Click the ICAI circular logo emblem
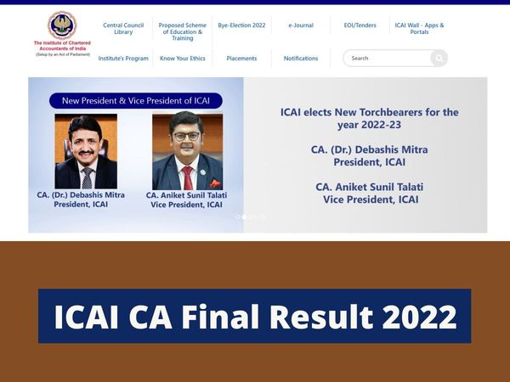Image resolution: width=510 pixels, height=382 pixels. [61, 25]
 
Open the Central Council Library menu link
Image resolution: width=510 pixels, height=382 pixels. [123, 29]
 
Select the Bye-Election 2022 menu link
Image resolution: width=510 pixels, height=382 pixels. [241, 25]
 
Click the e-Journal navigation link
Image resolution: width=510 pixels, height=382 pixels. [301, 25]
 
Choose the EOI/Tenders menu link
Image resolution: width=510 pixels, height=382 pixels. [360, 25]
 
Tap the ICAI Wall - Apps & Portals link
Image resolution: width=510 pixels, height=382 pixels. [419, 29]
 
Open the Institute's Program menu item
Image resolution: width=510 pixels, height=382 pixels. [123, 59]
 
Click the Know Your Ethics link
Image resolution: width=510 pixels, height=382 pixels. [182, 59]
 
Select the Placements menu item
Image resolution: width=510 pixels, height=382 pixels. [241, 59]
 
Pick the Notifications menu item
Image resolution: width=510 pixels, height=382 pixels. [301, 59]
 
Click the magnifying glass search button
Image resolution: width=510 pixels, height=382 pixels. [438, 59]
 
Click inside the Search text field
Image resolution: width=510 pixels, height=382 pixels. [387, 59]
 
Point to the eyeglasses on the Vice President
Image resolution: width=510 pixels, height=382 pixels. [187, 134]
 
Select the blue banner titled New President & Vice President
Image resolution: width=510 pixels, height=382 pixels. [136, 101]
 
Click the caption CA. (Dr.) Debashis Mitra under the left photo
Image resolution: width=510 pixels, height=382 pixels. [81, 195]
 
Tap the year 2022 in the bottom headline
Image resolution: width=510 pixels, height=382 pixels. [420, 317]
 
